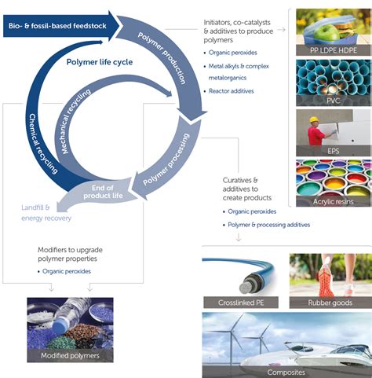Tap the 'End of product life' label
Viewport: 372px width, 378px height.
(x=104, y=193)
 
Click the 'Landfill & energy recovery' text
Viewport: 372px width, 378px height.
(x=46, y=212)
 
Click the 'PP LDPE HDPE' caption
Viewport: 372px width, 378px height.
(x=332, y=50)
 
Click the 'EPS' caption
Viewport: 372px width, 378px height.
(x=332, y=150)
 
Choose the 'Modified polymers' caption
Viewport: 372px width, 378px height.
(x=71, y=356)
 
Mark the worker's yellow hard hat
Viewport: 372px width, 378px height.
(x=317, y=120)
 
